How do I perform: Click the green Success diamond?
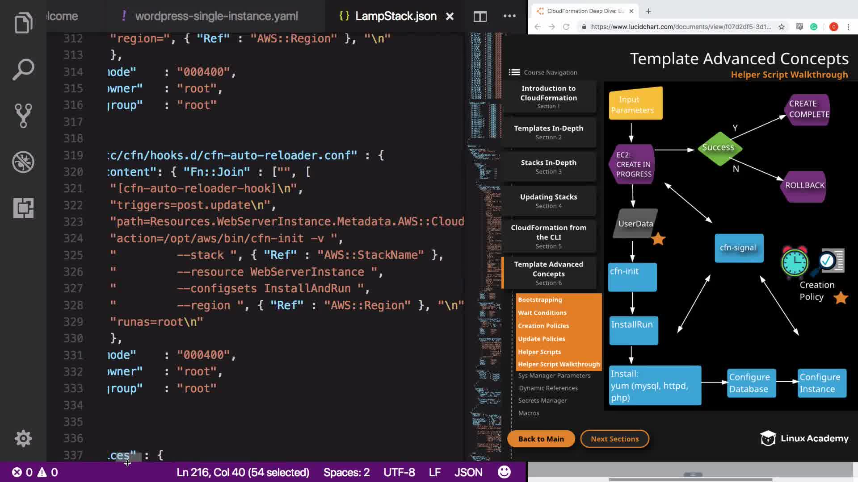(x=718, y=148)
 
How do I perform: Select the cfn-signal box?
(x=738, y=248)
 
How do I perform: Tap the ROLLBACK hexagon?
(x=805, y=186)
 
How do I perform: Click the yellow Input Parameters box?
(x=635, y=104)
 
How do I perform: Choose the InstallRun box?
(x=633, y=330)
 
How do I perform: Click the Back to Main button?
(x=541, y=439)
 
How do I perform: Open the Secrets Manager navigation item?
(x=543, y=401)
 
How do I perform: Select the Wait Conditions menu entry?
(x=542, y=313)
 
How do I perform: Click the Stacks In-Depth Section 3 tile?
(x=548, y=166)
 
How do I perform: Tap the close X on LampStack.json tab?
(x=450, y=17)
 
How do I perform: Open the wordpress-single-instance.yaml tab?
(x=216, y=17)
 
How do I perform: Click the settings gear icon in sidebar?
(x=23, y=439)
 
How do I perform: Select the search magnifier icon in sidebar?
(x=23, y=70)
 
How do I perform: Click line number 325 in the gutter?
(x=73, y=255)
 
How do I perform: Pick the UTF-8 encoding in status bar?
(x=399, y=472)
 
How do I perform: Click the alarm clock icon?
(x=795, y=262)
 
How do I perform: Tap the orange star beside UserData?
(x=658, y=239)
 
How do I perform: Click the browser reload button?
(x=566, y=27)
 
